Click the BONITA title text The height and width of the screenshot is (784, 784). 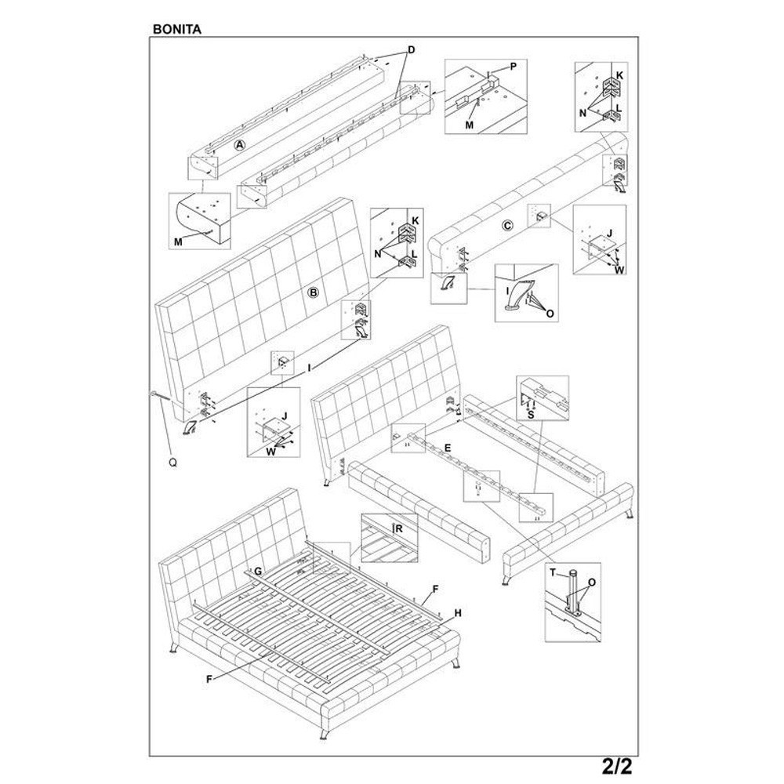(177, 29)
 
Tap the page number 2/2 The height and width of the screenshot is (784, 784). (617, 765)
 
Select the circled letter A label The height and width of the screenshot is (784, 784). (241, 145)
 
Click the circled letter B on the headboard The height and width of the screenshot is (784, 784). (313, 292)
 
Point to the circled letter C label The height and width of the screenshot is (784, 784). (507, 226)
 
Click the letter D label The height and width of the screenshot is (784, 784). (412, 50)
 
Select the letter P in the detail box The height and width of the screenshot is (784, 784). (513, 66)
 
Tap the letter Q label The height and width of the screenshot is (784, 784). (173, 463)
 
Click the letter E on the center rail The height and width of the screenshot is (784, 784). (448, 448)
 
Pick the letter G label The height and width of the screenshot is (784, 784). (258, 571)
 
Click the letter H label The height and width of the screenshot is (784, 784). (458, 614)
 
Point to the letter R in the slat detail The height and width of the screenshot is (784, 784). (399, 528)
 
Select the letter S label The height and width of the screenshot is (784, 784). (531, 415)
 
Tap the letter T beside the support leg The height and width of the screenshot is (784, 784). (553, 573)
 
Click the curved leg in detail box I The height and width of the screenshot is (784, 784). (517, 296)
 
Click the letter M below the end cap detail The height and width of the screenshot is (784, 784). (179, 242)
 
